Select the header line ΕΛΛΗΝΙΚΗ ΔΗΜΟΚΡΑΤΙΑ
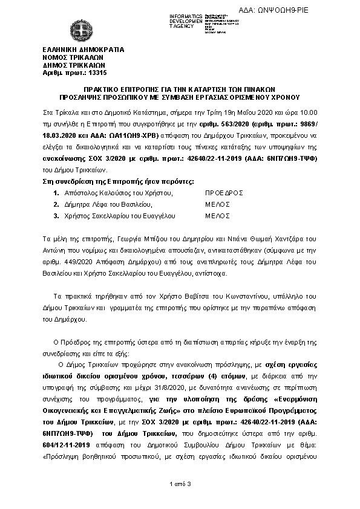[83, 48]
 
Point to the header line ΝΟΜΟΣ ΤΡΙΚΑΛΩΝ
[71, 56]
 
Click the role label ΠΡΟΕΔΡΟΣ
[224, 192]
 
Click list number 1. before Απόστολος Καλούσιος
[56, 192]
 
